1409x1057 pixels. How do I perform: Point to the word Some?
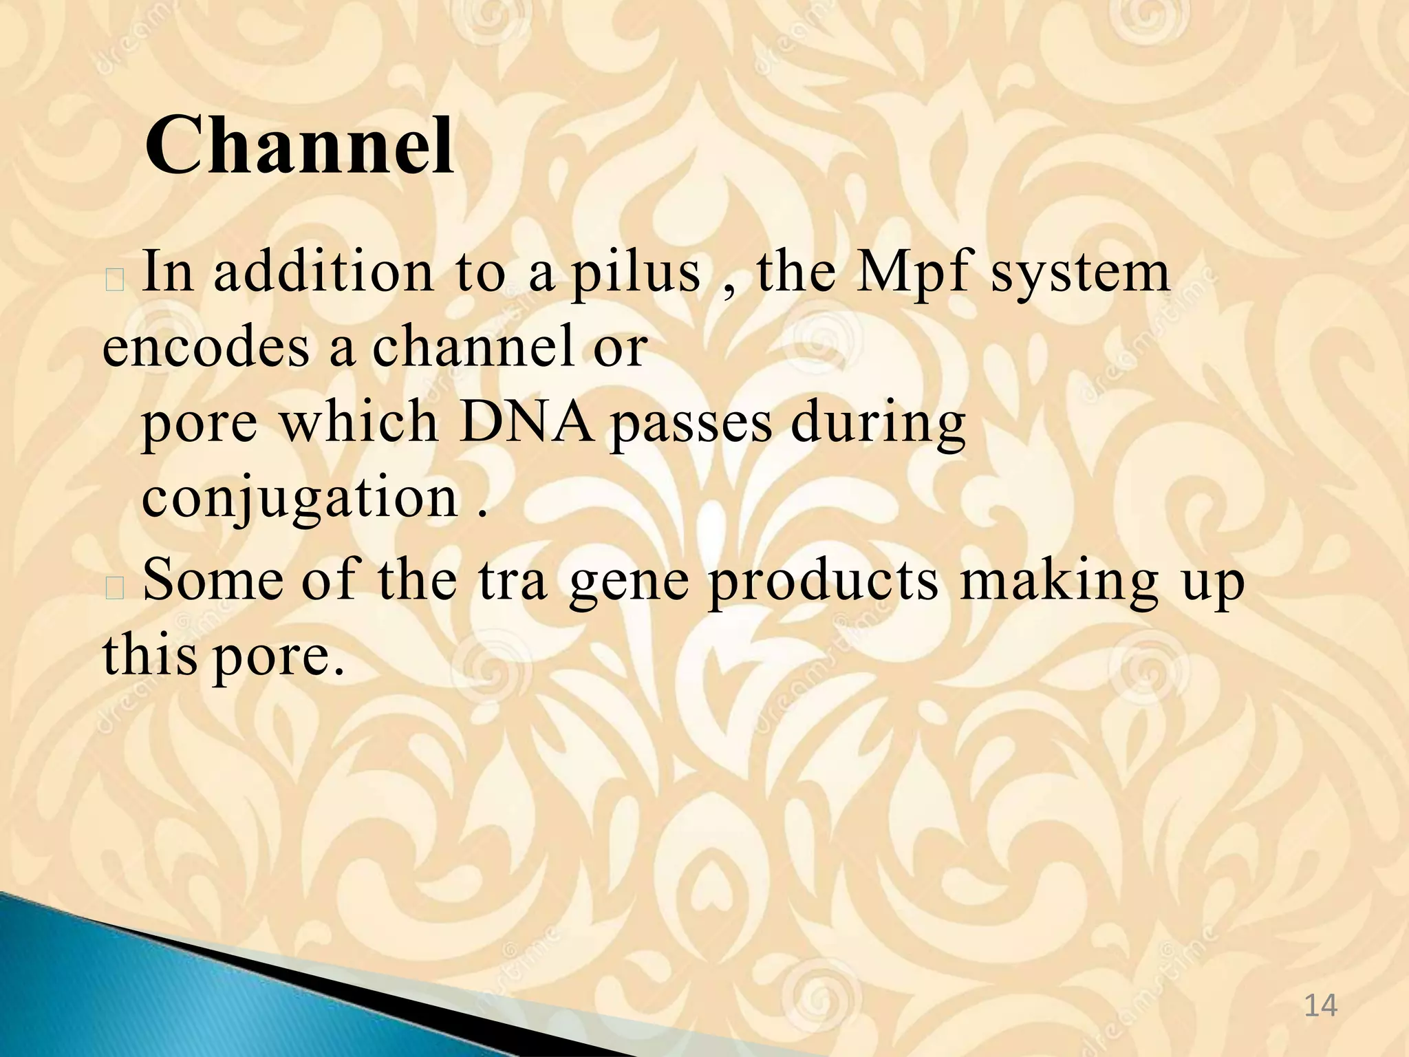[213, 580]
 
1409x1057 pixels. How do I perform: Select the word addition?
[323, 273]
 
